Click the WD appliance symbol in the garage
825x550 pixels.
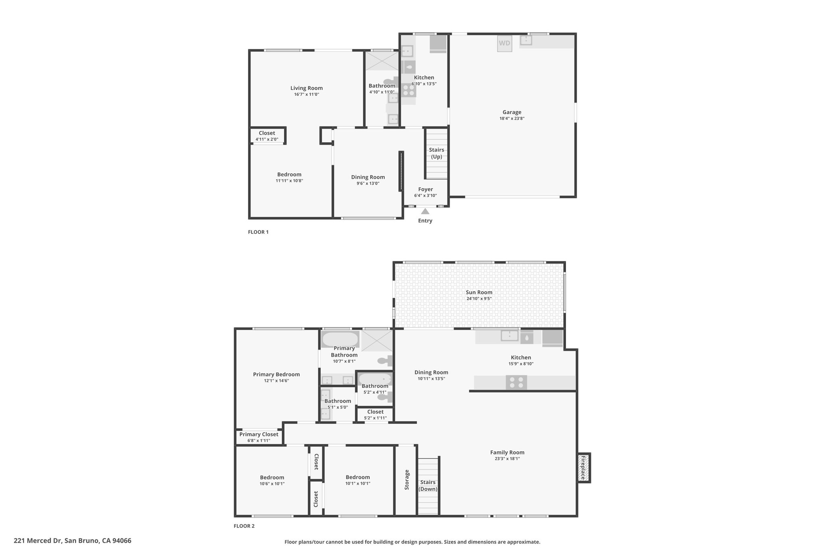click(504, 44)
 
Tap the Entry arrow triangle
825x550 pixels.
click(425, 211)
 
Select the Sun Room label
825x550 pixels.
click(479, 293)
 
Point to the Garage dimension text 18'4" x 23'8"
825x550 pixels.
click(512, 118)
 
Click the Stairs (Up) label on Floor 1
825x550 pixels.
click(437, 153)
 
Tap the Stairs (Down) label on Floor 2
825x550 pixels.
click(428, 486)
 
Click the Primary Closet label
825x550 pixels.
click(259, 434)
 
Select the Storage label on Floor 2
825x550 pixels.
click(407, 479)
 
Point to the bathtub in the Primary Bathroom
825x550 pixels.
click(340, 339)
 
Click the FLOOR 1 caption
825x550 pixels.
click(258, 232)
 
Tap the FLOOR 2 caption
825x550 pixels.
click(244, 526)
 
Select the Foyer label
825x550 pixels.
click(425, 189)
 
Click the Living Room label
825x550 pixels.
click(307, 88)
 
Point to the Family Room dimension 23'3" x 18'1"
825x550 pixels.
click(507, 459)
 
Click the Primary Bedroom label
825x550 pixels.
click(276, 374)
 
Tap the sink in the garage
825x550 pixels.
click(526, 40)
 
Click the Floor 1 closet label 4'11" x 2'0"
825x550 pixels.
click(267, 139)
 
